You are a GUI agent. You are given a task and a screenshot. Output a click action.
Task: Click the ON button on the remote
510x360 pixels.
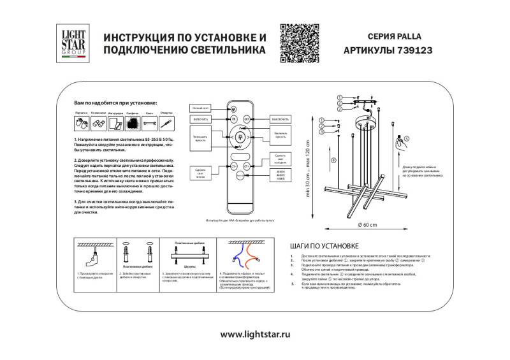(x=233, y=119)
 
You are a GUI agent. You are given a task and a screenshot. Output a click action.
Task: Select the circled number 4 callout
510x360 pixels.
(x=333, y=160)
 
